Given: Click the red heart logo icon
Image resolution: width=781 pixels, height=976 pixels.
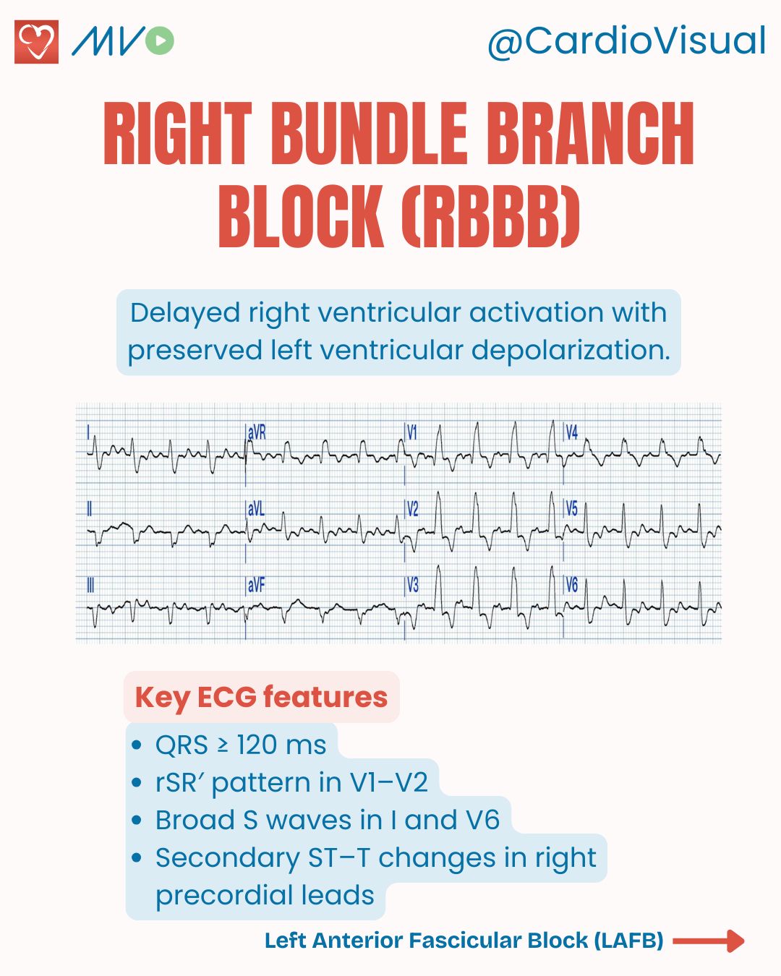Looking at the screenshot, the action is (36, 42).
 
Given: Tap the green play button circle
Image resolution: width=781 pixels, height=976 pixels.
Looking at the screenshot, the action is (160, 40).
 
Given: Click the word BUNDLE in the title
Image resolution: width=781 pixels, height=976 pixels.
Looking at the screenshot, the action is (370, 134).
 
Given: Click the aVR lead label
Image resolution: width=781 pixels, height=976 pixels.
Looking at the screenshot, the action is (257, 433).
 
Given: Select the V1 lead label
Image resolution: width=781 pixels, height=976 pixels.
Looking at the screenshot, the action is (412, 433).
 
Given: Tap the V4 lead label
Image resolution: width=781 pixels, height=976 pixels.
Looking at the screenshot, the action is (572, 433).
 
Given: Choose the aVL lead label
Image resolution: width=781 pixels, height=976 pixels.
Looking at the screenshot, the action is (256, 510).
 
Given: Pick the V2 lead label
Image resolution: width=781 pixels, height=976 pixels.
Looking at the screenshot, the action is (412, 510).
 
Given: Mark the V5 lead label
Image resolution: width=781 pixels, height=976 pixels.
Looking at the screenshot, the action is (572, 509).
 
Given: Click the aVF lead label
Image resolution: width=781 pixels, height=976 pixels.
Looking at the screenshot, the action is (256, 586).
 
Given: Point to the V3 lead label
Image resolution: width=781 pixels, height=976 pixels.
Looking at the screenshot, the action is (412, 586).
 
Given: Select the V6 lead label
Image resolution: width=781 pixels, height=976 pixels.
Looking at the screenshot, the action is (572, 585).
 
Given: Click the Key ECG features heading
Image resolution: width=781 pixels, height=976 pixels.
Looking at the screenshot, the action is (261, 698).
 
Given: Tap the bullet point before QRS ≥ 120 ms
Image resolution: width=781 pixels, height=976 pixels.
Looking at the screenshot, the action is (136, 745).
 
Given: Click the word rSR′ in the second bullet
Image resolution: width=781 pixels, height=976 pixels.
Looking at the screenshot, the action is (180, 783).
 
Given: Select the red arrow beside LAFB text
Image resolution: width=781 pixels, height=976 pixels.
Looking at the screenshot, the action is (709, 941).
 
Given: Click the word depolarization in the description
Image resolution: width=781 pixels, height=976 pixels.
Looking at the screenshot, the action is (571, 351).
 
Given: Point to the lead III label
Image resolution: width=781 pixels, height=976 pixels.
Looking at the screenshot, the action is (90, 586).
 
